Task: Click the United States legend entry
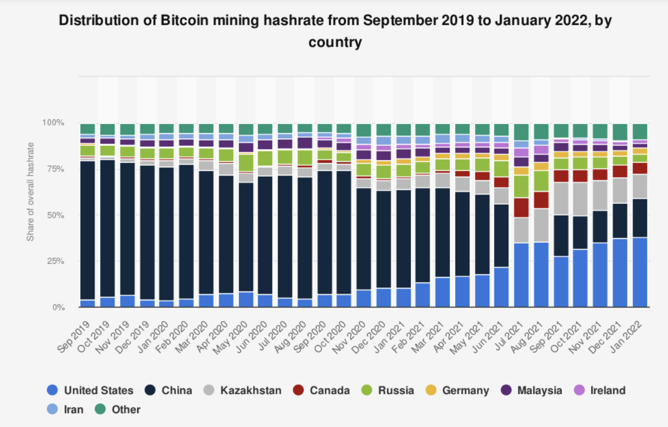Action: pos(90,391)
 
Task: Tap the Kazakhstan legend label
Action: pos(251,391)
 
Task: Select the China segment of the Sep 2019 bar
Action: pos(88,230)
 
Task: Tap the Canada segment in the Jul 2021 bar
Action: pos(521,208)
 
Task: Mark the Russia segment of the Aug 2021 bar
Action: pos(541,181)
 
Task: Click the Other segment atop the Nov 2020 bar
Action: pos(364,130)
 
